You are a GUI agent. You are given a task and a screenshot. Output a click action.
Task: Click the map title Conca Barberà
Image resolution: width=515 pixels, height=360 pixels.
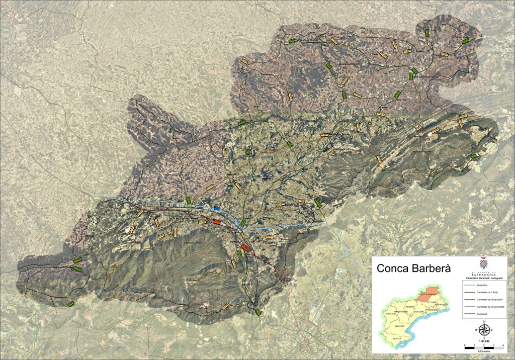(413, 269)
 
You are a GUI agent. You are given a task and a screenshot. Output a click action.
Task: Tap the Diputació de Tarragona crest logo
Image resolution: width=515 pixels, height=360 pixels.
(483, 263)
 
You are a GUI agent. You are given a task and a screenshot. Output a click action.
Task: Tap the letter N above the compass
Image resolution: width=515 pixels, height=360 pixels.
(484, 322)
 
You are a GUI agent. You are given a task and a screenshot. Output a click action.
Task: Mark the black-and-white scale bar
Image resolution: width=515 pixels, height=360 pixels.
(484, 347)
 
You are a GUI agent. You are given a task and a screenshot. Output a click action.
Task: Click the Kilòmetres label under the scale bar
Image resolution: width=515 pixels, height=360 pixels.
(484, 351)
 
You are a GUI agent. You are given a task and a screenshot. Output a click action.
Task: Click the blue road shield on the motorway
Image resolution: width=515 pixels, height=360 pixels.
(217, 208)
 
